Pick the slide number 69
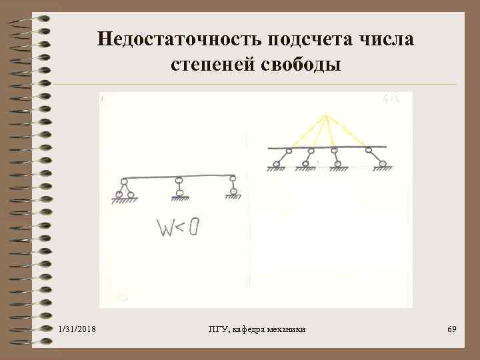[451, 330]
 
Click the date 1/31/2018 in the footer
[77, 330]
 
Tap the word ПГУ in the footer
[217, 330]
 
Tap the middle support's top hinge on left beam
[178, 180]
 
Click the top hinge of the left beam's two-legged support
[124, 181]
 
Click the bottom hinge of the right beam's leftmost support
[277, 164]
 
